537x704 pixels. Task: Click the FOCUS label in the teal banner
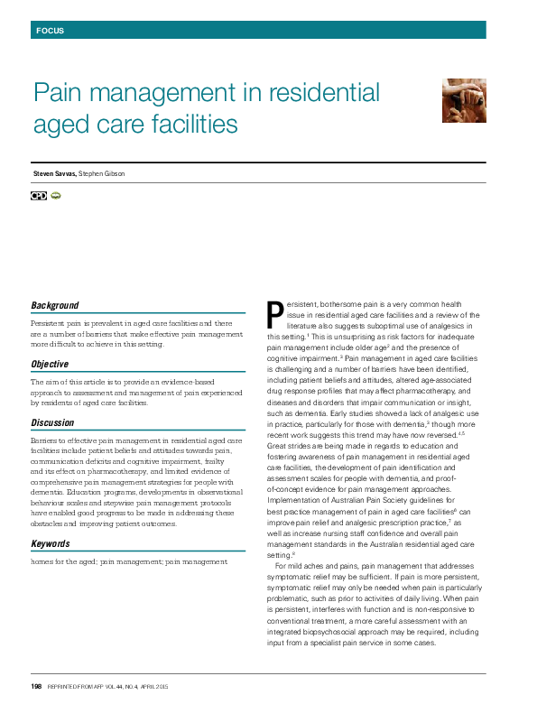tap(50, 31)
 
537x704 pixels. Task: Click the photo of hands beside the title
tap(464, 100)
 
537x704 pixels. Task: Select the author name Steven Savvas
tap(53, 173)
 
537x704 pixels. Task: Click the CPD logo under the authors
tap(38, 195)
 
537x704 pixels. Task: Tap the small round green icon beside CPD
tap(55, 195)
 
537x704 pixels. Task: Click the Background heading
tap(54, 306)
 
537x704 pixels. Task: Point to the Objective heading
tap(50, 365)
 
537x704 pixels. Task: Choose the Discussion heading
tap(52, 422)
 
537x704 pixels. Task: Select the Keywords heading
tap(51, 544)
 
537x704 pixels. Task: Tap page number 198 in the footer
tap(37, 687)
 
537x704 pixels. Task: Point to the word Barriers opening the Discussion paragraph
tap(45, 439)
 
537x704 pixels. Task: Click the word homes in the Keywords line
tap(42, 561)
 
